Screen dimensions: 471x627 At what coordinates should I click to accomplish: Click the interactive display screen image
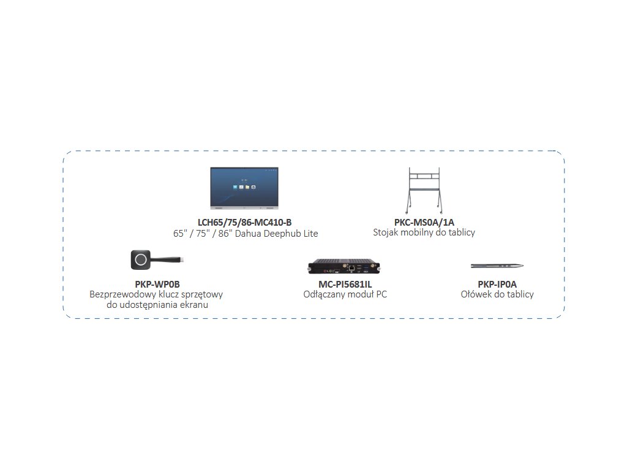(x=251, y=186)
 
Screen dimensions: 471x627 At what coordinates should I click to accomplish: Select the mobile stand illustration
(x=424, y=188)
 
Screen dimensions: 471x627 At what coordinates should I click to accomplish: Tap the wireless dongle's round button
(x=141, y=259)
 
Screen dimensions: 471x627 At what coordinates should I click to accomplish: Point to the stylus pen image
(x=497, y=266)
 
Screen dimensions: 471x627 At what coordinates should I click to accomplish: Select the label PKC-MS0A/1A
(x=424, y=222)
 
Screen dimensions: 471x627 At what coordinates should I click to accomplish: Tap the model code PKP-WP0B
(x=157, y=284)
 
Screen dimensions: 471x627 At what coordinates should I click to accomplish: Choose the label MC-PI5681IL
(x=345, y=284)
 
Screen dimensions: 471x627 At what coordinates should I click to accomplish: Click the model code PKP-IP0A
(x=497, y=284)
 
